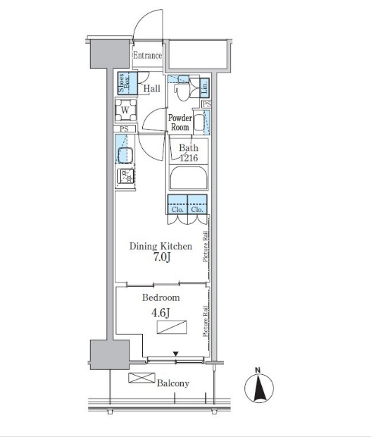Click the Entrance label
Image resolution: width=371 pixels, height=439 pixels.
[x=147, y=56]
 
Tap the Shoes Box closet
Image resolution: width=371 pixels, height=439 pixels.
[x=127, y=83]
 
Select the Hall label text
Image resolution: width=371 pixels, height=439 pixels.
[x=151, y=89]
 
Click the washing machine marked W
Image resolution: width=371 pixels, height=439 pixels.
[x=125, y=110]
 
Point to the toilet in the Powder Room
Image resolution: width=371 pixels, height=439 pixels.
[x=182, y=88]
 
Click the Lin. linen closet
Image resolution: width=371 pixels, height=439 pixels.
[x=205, y=87]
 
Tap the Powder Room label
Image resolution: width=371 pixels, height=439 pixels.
[x=180, y=123]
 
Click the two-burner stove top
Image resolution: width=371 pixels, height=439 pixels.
[x=125, y=176]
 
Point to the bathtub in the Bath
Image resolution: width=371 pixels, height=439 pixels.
[x=189, y=178]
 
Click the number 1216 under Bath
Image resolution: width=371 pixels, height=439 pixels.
[x=189, y=158]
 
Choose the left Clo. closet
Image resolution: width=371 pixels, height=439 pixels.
[x=177, y=204]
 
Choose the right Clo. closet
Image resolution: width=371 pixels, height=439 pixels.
[x=197, y=204]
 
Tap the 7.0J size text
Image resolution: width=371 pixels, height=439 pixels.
[x=162, y=257]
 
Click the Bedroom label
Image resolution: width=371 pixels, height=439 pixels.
[x=161, y=297]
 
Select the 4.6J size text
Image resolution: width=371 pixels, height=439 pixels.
[x=161, y=312]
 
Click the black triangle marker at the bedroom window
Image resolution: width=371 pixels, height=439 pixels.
[x=176, y=354]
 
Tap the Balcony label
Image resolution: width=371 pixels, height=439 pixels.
[x=173, y=383]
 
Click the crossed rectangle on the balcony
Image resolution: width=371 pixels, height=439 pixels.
[x=142, y=378]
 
